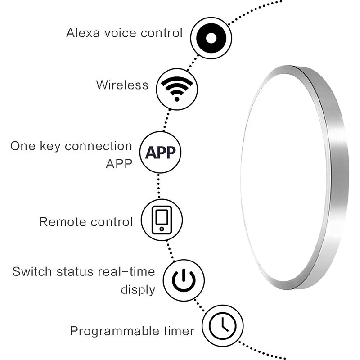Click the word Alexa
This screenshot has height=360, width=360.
[x=81, y=33]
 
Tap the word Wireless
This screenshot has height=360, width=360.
[x=122, y=85]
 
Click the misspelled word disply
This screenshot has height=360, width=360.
[x=138, y=289]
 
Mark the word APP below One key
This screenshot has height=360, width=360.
[x=119, y=163]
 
